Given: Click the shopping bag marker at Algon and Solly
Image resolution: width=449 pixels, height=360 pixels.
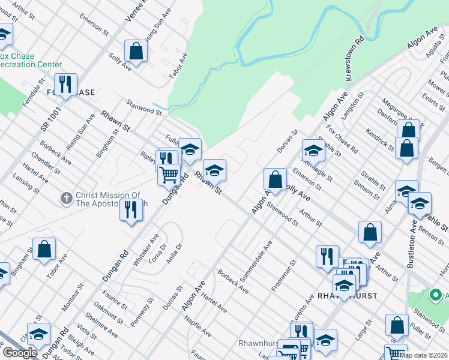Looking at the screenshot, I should pos(275,179).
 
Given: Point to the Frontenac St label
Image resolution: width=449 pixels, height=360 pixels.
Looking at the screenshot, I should pos(285,275).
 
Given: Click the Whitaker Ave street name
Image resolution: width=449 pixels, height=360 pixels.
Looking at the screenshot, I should pos(146,250).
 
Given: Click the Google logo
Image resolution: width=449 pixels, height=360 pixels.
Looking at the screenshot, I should pos(20,353).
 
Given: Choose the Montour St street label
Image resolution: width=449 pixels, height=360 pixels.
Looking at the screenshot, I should pos(73,298).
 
